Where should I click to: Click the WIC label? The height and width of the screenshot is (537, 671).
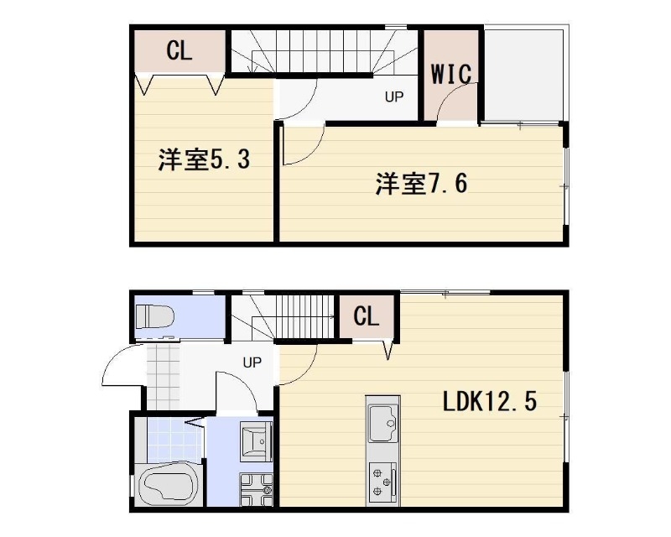(451, 73)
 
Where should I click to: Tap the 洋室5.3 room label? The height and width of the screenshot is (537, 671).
(204, 159)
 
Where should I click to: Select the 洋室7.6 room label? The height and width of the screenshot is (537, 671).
(421, 183)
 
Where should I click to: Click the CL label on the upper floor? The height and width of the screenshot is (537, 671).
(179, 50)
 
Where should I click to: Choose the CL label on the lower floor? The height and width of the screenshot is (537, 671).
(366, 316)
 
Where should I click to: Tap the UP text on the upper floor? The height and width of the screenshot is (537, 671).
(394, 96)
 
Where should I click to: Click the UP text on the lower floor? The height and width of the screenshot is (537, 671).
(252, 362)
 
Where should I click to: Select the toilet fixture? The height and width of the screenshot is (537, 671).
(157, 317)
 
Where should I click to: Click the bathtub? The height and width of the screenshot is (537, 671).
(168, 487)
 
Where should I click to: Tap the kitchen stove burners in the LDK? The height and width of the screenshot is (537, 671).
(382, 482)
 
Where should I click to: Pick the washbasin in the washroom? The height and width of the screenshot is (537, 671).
(255, 440)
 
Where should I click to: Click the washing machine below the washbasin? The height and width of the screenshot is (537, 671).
(256, 488)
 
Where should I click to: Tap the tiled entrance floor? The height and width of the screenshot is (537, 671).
(163, 374)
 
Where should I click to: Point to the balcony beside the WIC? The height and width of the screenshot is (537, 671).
(523, 76)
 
